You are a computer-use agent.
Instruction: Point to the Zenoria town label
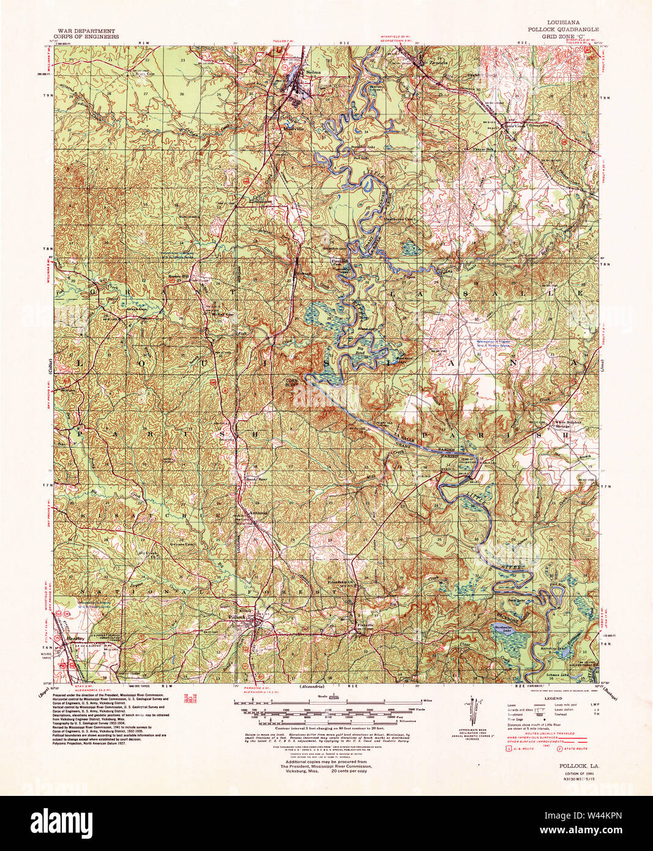pyautogui.click(x=435, y=63)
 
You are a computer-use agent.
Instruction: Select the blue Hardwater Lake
pyautogui.click(x=506, y=630)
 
